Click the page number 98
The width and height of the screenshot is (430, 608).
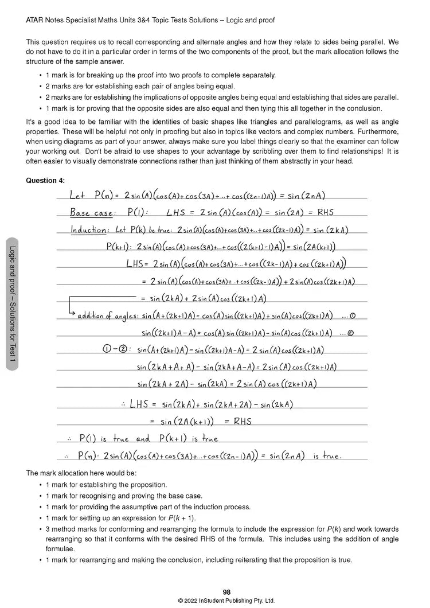tap(226, 592)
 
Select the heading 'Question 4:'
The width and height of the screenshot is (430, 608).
tap(45, 181)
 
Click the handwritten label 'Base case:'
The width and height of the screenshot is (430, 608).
tap(92, 212)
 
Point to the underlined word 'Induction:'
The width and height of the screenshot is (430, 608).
tap(89, 229)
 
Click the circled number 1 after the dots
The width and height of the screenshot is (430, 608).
tap(352, 315)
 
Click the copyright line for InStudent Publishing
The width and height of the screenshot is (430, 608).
tap(226, 601)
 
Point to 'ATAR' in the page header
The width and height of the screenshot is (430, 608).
tap(36, 20)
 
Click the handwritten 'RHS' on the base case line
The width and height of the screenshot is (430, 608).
tap(326, 212)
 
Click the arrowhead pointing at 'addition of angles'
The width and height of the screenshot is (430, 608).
tap(73, 313)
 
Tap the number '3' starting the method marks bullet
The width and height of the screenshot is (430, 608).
tap(48, 529)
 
